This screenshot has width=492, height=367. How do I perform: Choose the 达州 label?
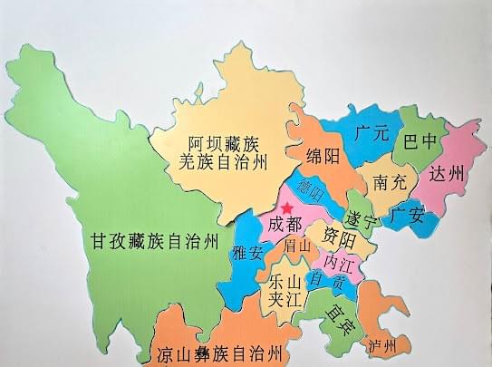(446, 173)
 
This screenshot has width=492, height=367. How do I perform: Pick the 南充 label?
(388, 183)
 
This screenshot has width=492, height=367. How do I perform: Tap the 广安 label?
(408, 216)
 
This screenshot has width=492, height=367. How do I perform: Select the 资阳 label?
(339, 239)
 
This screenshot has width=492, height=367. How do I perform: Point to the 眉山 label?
(296, 245)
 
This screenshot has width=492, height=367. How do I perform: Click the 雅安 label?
(247, 254)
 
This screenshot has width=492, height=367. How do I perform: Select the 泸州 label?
(382, 345)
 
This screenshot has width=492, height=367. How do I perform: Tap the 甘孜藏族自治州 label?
(154, 241)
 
